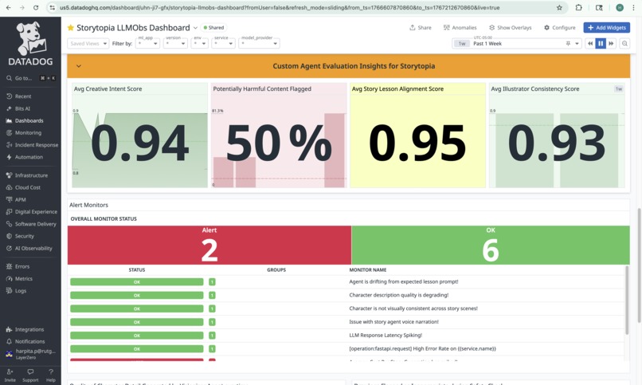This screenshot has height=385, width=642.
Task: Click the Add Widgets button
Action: click(x=606, y=27)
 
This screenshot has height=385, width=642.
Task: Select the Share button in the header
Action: click(x=421, y=27)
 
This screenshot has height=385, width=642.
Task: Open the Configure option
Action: click(x=560, y=27)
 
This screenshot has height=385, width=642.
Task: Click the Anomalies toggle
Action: click(x=460, y=27)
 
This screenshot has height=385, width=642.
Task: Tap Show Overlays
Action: click(x=510, y=27)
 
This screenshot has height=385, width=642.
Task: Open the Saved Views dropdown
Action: click(x=88, y=44)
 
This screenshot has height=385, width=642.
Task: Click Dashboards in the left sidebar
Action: click(x=29, y=120)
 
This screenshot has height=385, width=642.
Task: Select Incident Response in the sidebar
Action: click(x=36, y=145)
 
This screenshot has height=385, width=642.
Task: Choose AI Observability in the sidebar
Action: click(x=33, y=248)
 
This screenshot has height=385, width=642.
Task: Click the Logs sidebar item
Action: click(x=21, y=291)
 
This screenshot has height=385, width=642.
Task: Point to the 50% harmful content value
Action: click(x=278, y=143)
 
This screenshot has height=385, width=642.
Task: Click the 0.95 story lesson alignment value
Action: click(x=417, y=143)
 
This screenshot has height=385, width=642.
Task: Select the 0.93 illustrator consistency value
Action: click(x=556, y=143)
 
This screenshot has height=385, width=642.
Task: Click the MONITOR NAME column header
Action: click(x=367, y=270)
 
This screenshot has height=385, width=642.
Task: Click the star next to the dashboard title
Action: click(x=71, y=28)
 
